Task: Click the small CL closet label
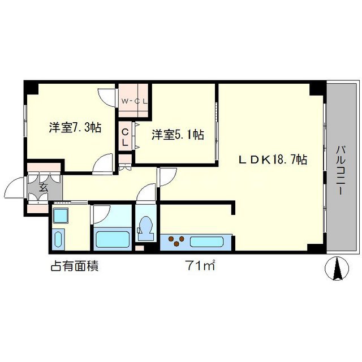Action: [x=125, y=137]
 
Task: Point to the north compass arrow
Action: [x=338, y=268]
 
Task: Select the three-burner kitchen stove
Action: [x=176, y=242]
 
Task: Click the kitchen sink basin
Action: [x=208, y=242]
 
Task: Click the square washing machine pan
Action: [x=59, y=216]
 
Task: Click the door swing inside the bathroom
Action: [x=100, y=213]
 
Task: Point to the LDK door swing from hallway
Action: [x=167, y=177]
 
